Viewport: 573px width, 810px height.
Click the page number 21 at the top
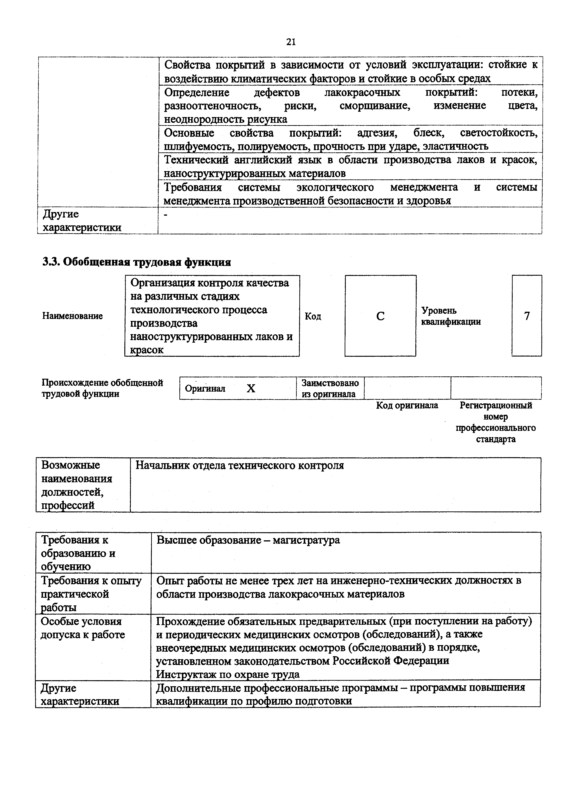[291, 42]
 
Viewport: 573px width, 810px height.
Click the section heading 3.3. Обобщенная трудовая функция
[137, 262]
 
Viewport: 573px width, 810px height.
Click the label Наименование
[72, 316]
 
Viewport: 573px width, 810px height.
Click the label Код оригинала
[407, 405]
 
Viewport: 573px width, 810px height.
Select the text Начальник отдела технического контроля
[239, 466]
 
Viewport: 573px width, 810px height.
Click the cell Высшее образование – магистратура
[248, 540]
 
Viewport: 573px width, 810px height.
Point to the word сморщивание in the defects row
[375, 106]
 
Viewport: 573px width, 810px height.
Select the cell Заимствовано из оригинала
[330, 388]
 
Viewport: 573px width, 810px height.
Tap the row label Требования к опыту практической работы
[91, 594]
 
